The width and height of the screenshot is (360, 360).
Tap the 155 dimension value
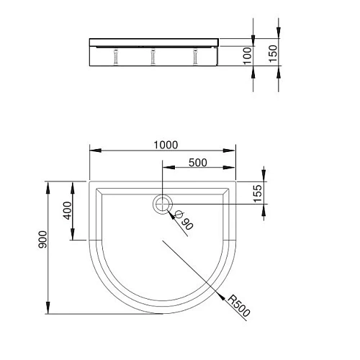click(256, 192)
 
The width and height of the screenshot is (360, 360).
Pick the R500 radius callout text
click(238, 306)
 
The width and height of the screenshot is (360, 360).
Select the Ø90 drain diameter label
click(183, 220)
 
